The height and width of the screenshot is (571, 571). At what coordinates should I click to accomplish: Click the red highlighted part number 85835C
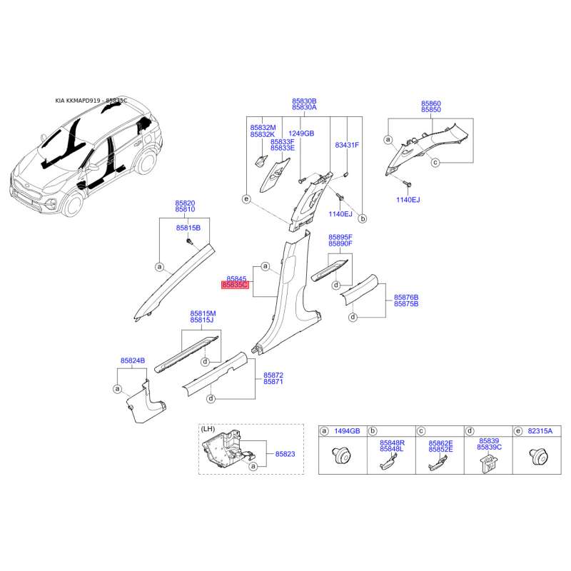(235, 285)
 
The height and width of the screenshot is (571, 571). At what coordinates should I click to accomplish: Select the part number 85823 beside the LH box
(275, 453)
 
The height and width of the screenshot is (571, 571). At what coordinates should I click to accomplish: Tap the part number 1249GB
(301, 133)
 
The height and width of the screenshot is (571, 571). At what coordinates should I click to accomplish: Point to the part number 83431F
(347, 145)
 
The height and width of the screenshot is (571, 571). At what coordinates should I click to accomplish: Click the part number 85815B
(188, 227)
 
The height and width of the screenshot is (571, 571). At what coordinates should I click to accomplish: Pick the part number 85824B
(133, 361)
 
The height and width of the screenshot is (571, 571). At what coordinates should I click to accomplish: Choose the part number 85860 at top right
(431, 103)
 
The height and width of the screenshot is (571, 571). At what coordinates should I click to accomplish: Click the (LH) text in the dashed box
(208, 428)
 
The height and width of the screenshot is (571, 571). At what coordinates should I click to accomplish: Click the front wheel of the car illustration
(74, 207)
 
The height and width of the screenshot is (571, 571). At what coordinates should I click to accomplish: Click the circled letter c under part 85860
(435, 163)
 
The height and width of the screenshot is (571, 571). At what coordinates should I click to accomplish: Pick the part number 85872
(273, 375)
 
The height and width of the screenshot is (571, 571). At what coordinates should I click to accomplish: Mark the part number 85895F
(340, 236)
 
